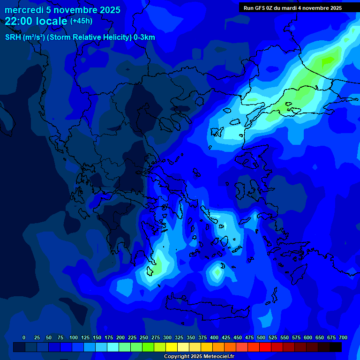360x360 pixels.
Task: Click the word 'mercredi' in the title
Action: [x=23, y=10]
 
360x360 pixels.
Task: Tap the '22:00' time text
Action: [x=19, y=21]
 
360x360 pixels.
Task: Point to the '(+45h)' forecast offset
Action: [x=81, y=21]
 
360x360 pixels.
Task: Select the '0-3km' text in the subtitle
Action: [x=144, y=37]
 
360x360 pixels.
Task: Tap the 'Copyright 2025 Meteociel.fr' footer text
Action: [x=198, y=356]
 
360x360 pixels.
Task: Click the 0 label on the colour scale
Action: [x=24, y=337]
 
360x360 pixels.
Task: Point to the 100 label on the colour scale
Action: [x=74, y=337]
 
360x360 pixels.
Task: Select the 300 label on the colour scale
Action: [x=167, y=337]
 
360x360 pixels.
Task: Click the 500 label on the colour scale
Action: [x=261, y=337]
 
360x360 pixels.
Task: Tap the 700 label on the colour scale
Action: [x=343, y=337]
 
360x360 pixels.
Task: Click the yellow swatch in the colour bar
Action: [x=172, y=347]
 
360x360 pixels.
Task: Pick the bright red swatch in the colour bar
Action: [x=265, y=347]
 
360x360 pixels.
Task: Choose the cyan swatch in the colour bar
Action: [x=113, y=347]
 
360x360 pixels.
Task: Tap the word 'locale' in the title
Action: [x=55, y=21]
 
